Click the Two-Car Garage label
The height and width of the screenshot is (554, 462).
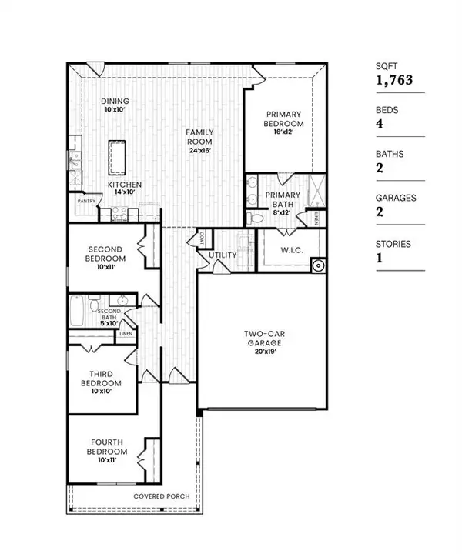[x=261, y=339]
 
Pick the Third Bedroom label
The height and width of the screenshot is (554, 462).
[x=102, y=378]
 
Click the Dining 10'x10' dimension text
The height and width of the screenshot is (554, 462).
[x=115, y=111]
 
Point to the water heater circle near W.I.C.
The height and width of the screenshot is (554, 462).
[x=318, y=266]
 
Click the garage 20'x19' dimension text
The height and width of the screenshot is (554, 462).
[x=261, y=351]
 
